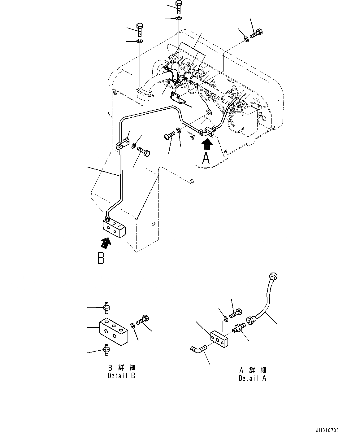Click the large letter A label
click(x=206, y=158)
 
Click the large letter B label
click(x=101, y=258)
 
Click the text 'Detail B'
click(x=121, y=376)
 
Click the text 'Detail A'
click(x=252, y=378)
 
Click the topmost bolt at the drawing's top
click(x=179, y=7)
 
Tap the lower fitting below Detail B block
click(x=106, y=350)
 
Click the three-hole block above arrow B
click(x=114, y=228)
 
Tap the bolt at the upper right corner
click(x=257, y=33)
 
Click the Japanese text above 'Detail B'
click(x=121, y=368)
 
